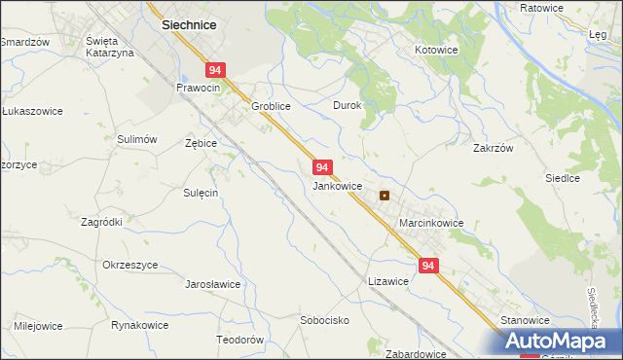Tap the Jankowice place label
[338, 185]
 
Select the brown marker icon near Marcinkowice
[385, 195]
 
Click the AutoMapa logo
[563, 342]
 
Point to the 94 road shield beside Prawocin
[216, 70]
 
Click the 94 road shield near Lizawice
[429, 265]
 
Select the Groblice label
[273, 106]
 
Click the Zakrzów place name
[493, 149]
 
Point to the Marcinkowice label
[431, 223]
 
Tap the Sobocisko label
[324, 319]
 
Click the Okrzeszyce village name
[129, 265]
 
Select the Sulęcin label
[201, 193]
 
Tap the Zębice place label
[201, 142]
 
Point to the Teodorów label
[239, 340]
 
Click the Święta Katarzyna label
[109, 46]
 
